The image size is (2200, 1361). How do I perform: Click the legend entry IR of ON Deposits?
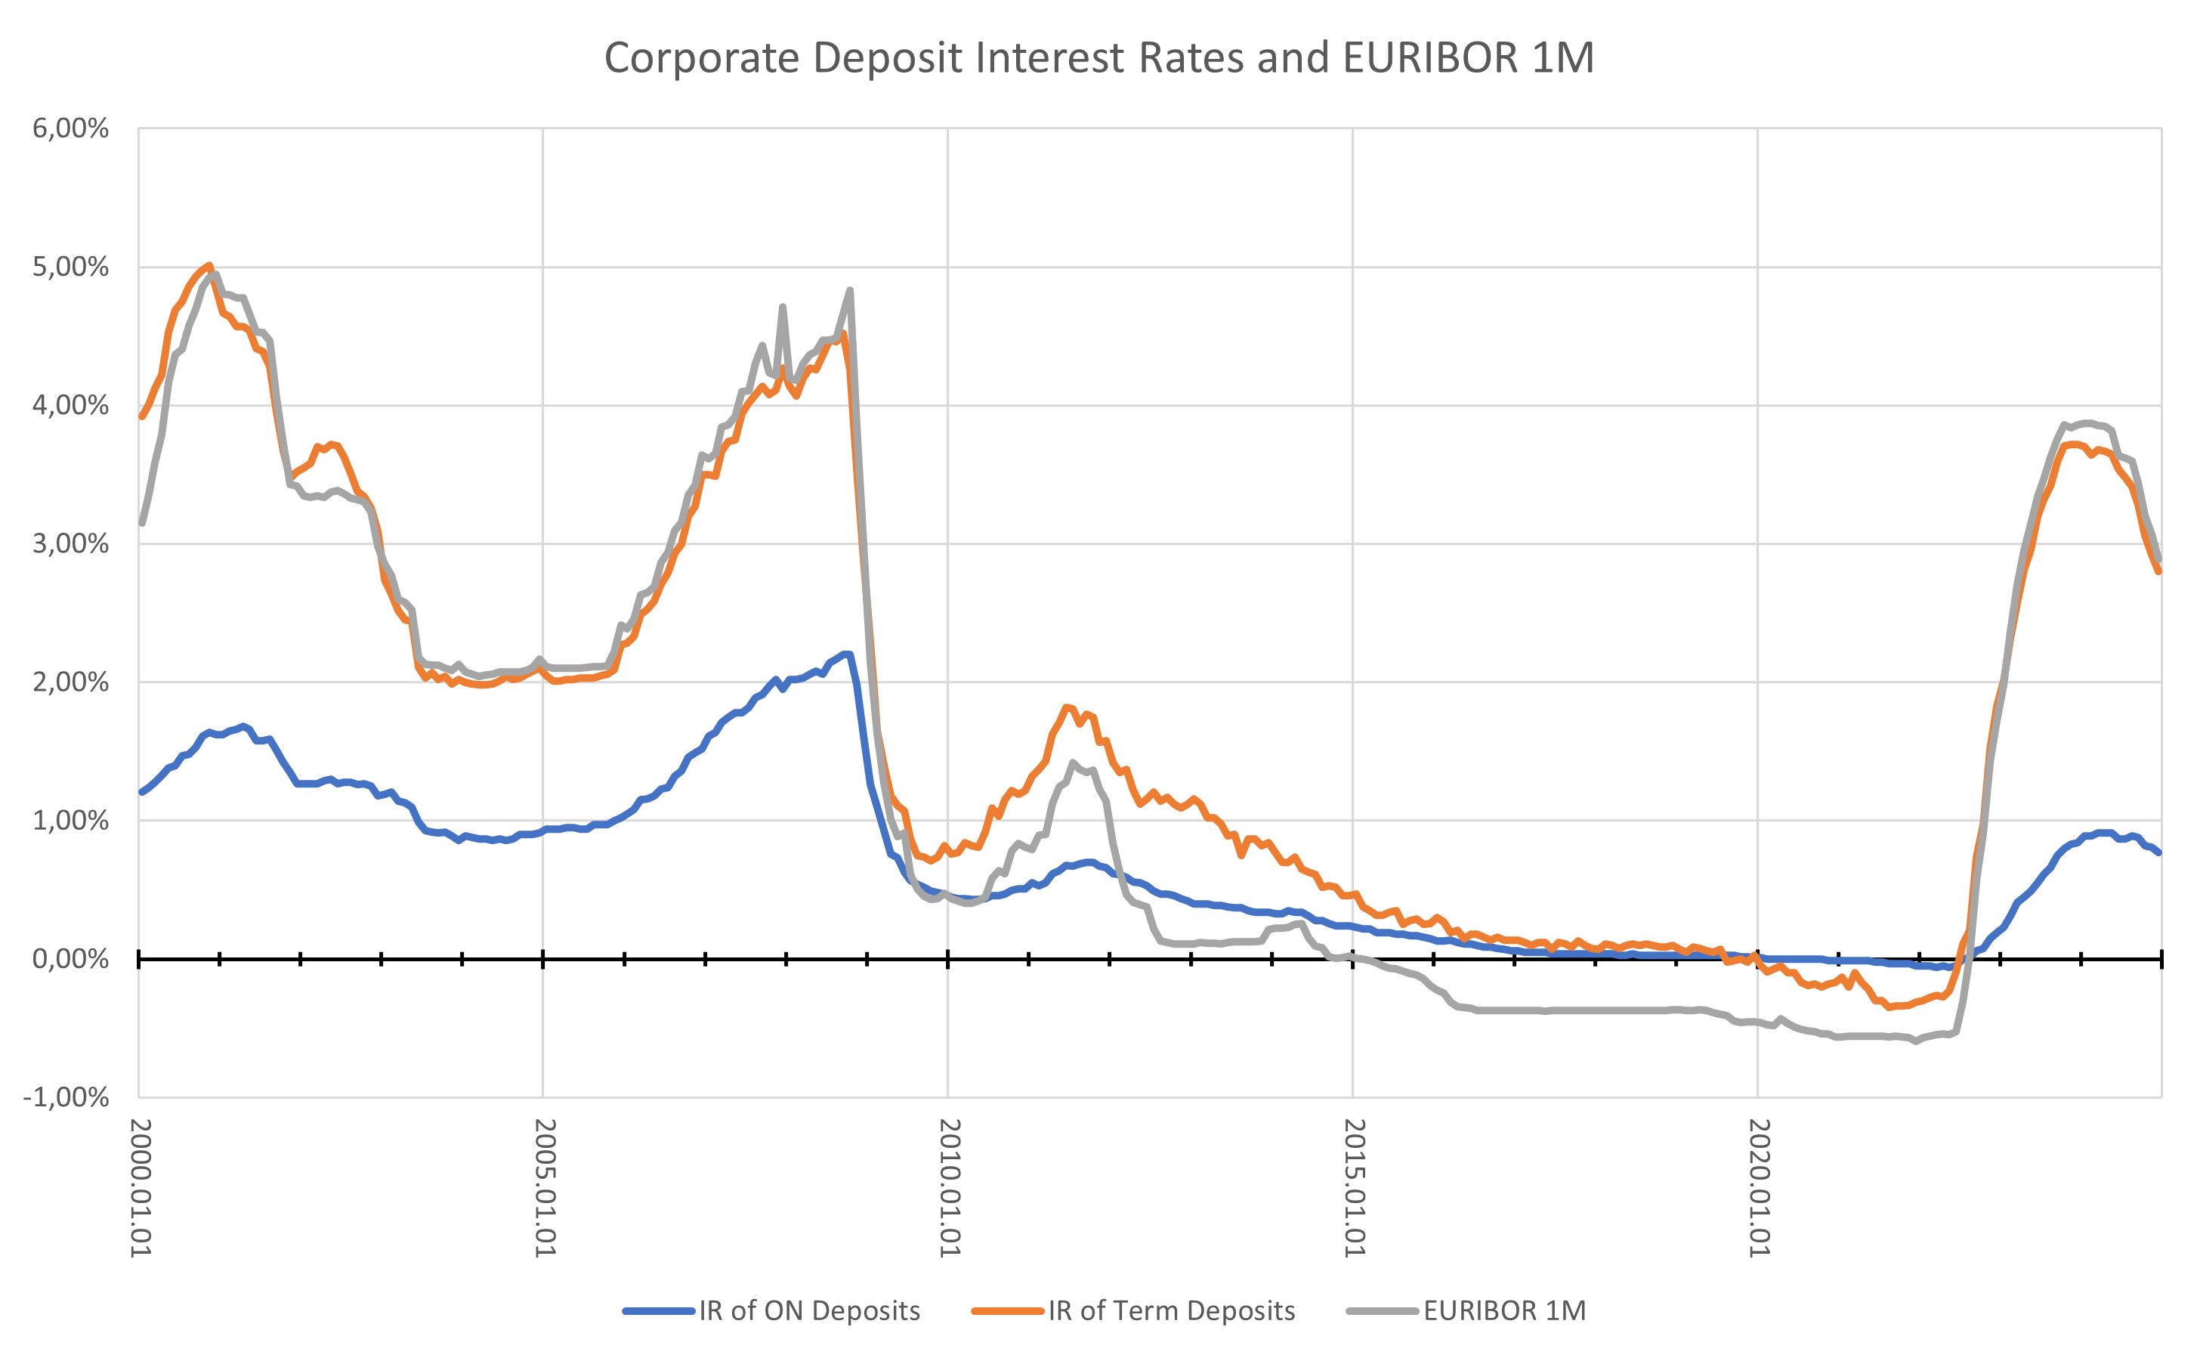tap(809, 1310)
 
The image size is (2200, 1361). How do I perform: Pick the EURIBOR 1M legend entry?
tap(1504, 1310)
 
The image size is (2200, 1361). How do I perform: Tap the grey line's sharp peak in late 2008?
tap(849, 291)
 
